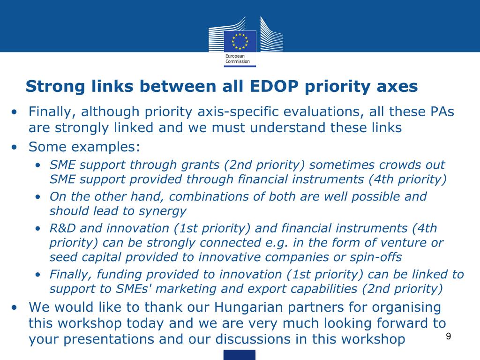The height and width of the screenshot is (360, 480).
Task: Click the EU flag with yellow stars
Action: click(x=240, y=41)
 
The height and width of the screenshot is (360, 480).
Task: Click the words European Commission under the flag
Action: click(x=238, y=59)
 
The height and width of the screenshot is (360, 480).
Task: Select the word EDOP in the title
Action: click(x=274, y=86)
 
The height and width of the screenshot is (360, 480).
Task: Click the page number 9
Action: click(x=449, y=336)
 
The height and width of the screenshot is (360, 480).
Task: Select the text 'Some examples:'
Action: click(x=84, y=147)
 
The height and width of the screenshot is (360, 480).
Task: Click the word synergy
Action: click(x=163, y=211)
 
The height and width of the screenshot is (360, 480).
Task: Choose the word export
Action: click(x=265, y=289)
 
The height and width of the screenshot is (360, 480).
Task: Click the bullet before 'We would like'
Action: click(x=14, y=307)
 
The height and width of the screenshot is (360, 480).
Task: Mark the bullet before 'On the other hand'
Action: click(x=37, y=197)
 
